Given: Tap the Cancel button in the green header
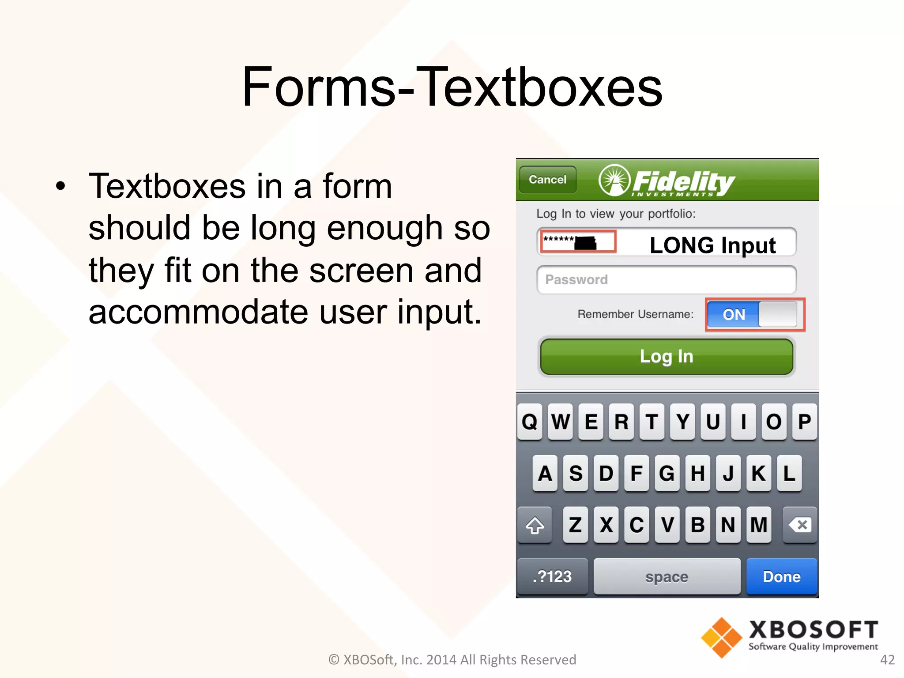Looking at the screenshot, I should (x=547, y=180).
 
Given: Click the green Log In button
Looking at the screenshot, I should (x=667, y=357).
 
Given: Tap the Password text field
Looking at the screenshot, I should (x=667, y=279).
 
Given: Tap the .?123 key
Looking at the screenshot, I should (x=552, y=576).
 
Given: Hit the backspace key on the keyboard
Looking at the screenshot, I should (x=799, y=525).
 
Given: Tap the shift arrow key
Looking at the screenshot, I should (x=535, y=525).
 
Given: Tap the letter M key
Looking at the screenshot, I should (x=759, y=525).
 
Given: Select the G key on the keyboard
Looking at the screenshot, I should (x=667, y=473).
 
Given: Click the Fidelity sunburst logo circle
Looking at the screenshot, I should (x=614, y=180).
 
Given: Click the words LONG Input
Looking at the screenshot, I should (x=712, y=245).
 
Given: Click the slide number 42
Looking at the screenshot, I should (x=887, y=659).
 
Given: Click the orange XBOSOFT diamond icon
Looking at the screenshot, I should (x=721, y=637).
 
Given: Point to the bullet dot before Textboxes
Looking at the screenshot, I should (x=60, y=187).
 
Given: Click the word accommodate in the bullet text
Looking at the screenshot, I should (x=198, y=312).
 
